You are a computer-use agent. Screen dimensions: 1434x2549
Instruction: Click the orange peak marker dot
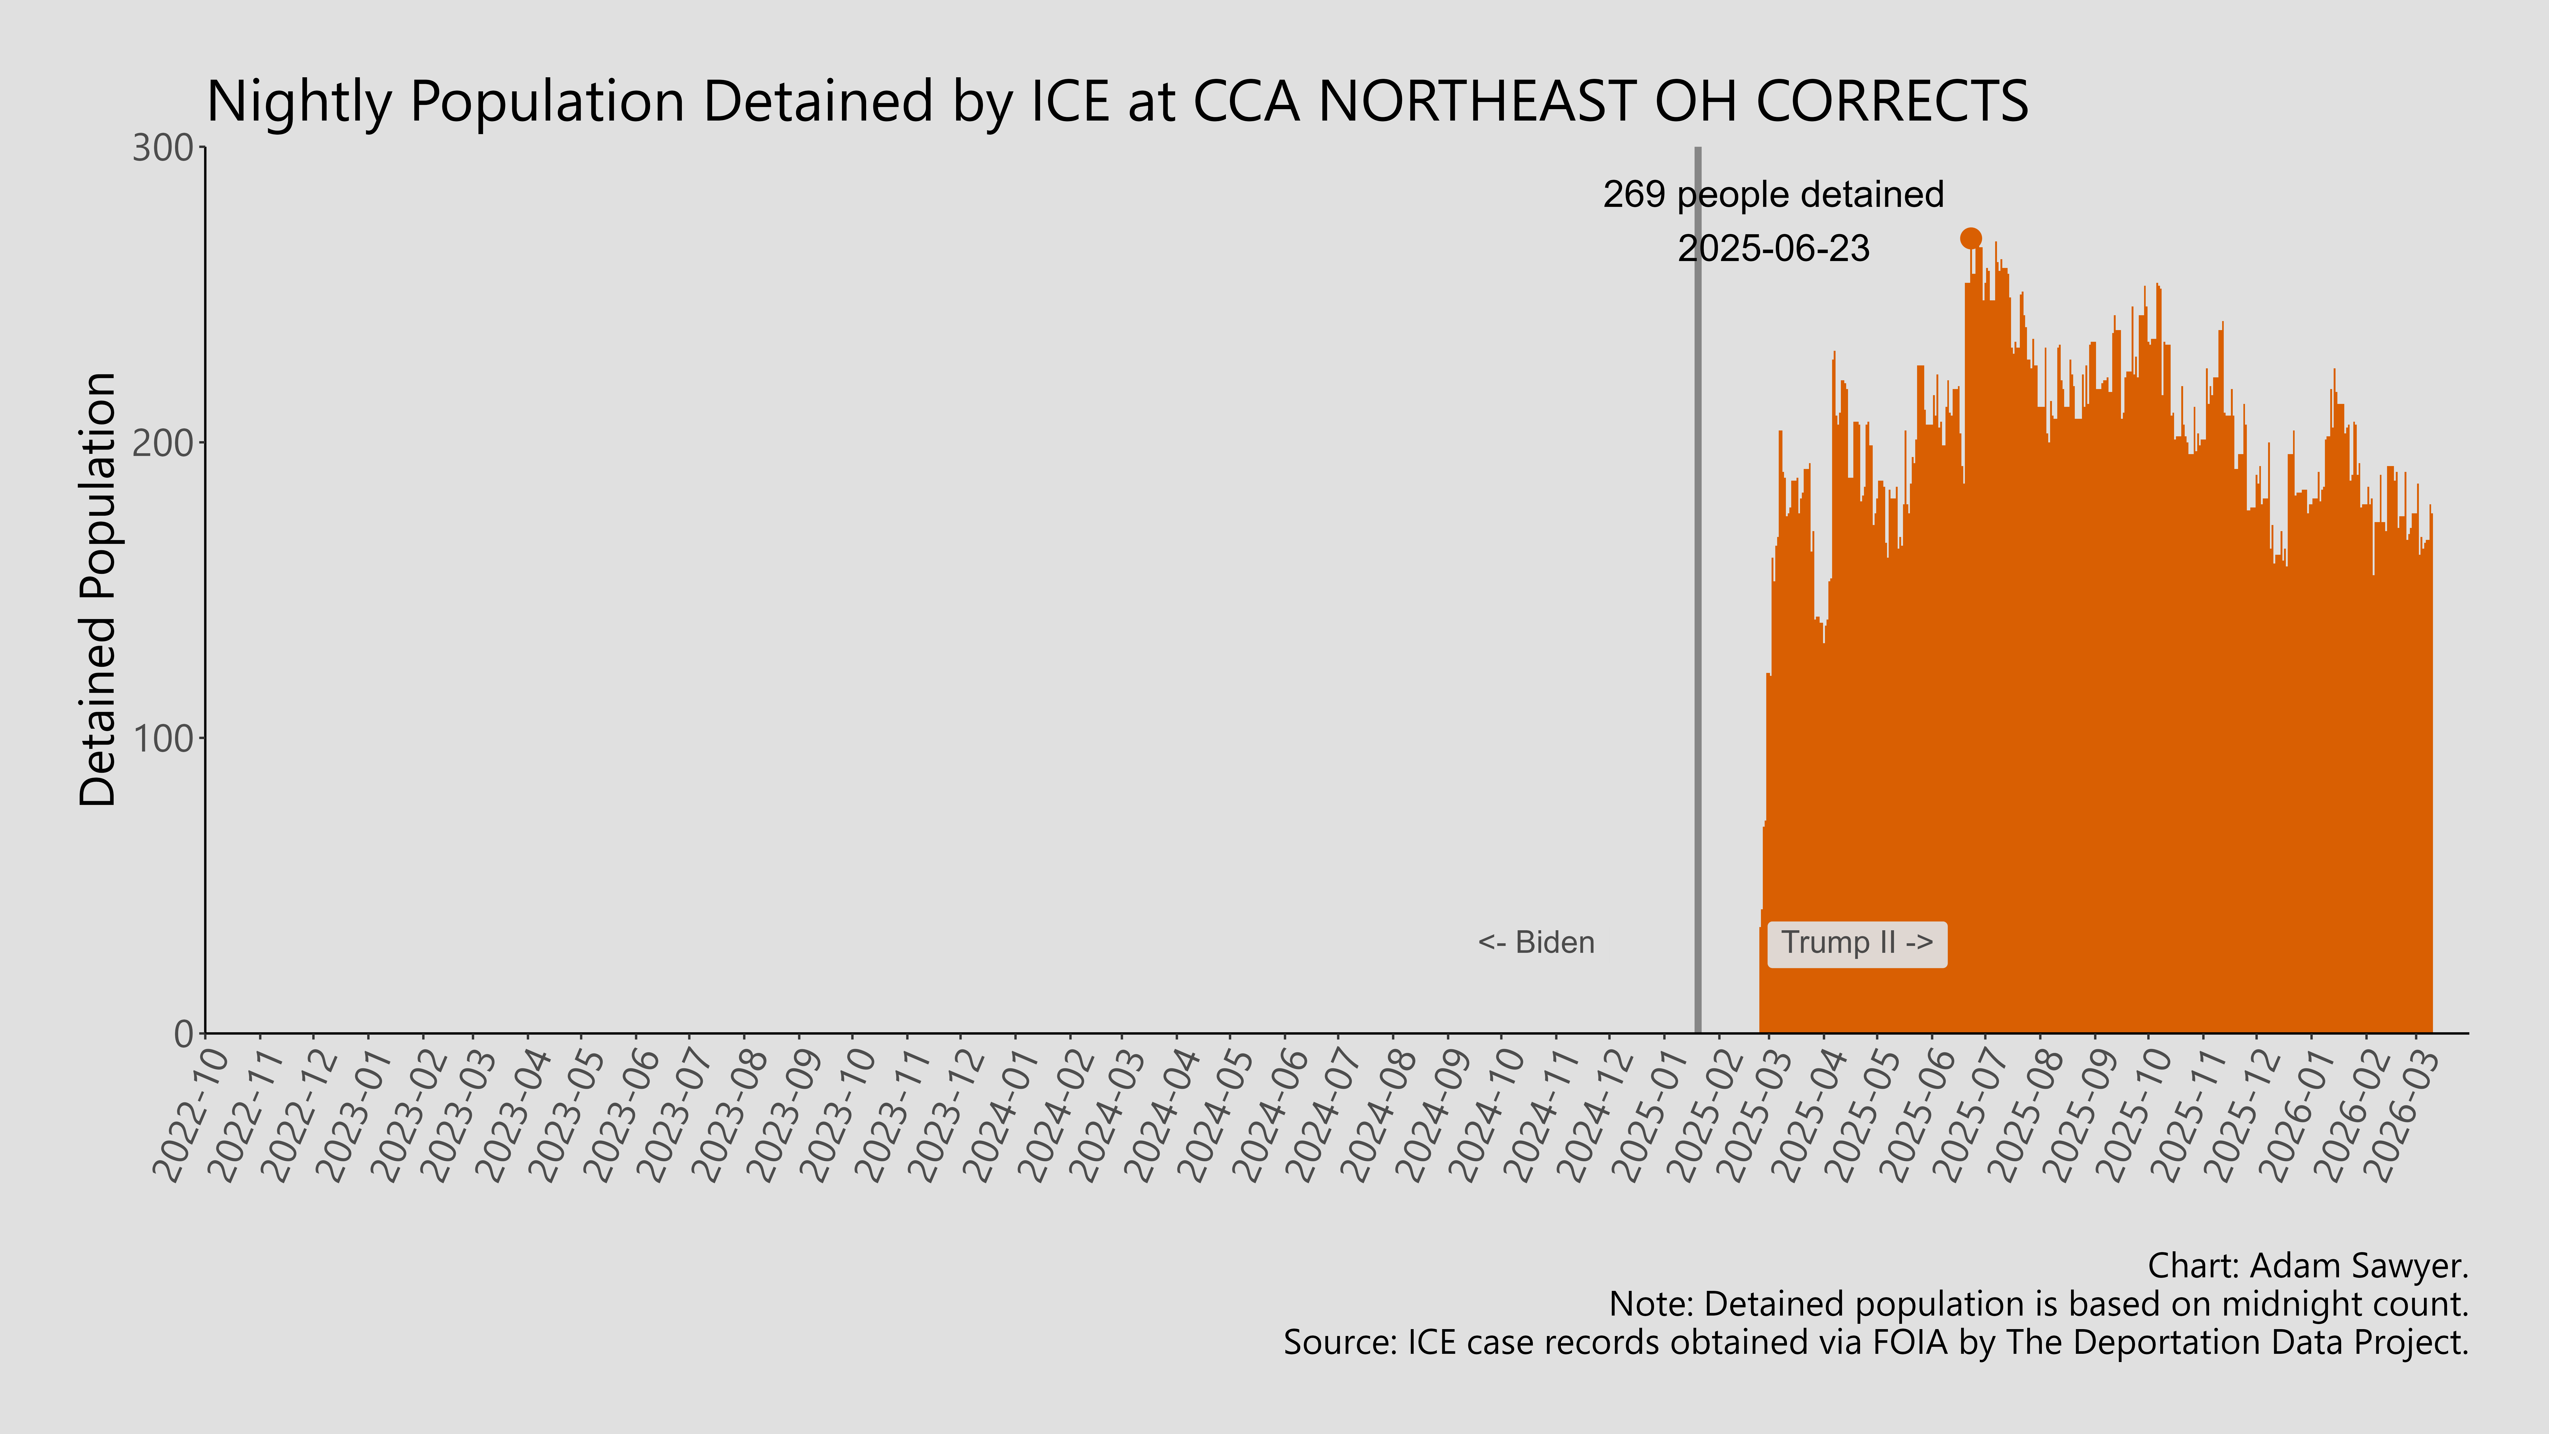click(1970, 238)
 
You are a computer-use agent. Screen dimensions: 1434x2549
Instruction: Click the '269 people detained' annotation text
click(1773, 195)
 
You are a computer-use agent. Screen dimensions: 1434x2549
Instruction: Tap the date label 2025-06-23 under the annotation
click(1773, 248)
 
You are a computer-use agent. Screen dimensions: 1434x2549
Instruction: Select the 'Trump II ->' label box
click(1856, 943)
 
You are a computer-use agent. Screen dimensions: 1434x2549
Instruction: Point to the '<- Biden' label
click(1536, 943)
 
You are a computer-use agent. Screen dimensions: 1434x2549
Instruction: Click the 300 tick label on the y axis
click(163, 148)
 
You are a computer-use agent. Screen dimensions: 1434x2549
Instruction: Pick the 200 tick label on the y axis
click(163, 443)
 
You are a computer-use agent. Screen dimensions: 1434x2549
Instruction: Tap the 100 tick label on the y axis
click(163, 738)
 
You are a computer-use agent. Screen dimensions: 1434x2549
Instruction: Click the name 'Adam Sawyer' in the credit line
click(2355, 1266)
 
